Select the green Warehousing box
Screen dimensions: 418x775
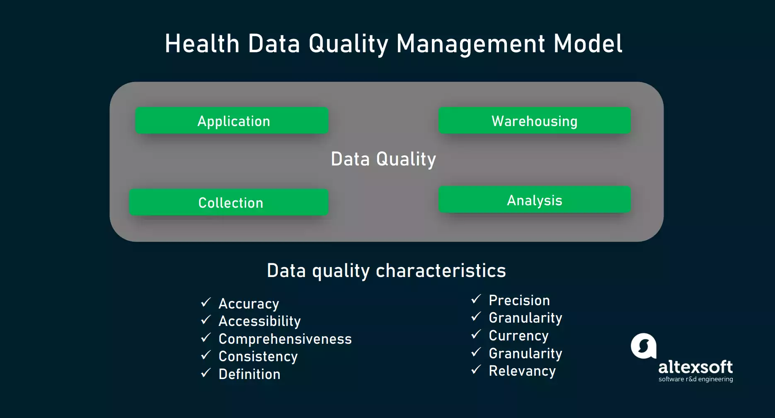(x=534, y=121)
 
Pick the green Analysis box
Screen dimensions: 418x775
(x=534, y=200)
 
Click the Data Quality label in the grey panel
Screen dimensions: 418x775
(x=383, y=159)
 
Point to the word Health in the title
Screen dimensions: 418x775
(x=202, y=44)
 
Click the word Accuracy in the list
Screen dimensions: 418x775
(x=249, y=304)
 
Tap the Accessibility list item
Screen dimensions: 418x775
(x=259, y=321)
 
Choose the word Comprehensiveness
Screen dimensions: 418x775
(x=285, y=339)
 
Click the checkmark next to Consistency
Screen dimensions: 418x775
(x=206, y=355)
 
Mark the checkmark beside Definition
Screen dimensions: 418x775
(x=206, y=373)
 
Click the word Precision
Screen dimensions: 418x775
(x=519, y=300)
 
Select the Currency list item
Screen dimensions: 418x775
(x=518, y=335)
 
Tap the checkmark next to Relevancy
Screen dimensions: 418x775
(x=476, y=369)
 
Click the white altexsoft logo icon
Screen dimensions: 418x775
(x=643, y=346)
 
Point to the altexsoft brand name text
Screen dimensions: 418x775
(x=695, y=367)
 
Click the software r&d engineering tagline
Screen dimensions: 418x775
(x=695, y=379)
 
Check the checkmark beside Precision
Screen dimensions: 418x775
(x=476, y=299)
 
